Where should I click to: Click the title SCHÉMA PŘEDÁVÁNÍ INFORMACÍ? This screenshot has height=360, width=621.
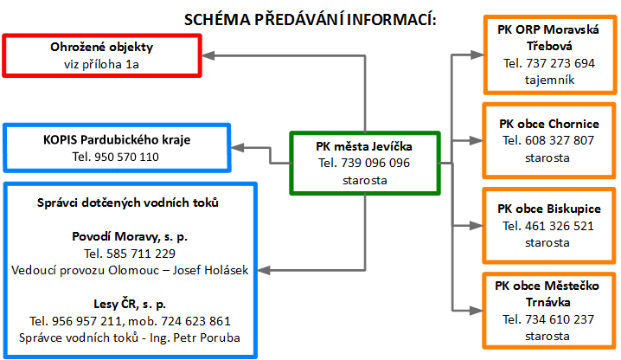point(310,20)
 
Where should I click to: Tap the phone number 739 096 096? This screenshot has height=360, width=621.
point(375,163)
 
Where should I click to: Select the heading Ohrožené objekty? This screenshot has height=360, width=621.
point(102,48)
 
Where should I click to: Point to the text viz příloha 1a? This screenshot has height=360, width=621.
point(102,64)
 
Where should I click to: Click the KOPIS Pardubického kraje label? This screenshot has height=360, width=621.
point(117,139)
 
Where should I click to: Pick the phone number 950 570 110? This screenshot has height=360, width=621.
point(127,157)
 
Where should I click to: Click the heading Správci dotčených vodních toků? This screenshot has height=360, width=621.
point(128,202)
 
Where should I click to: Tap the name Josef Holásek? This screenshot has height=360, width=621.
point(210,270)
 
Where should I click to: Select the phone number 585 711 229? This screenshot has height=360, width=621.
point(141,254)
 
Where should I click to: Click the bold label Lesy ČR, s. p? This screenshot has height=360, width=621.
point(130,304)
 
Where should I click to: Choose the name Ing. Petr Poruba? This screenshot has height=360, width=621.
point(195,337)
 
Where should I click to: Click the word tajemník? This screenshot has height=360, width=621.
point(550,80)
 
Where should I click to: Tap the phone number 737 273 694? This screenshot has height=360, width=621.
point(560,63)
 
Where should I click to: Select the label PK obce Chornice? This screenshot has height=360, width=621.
point(549,124)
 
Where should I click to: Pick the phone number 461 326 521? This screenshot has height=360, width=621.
point(560,226)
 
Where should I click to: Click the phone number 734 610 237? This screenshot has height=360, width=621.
point(560,319)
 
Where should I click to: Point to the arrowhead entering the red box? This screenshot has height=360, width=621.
point(208,55)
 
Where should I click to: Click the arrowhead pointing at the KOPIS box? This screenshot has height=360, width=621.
point(237,148)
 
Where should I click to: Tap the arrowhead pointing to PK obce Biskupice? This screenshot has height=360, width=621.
point(477,226)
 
